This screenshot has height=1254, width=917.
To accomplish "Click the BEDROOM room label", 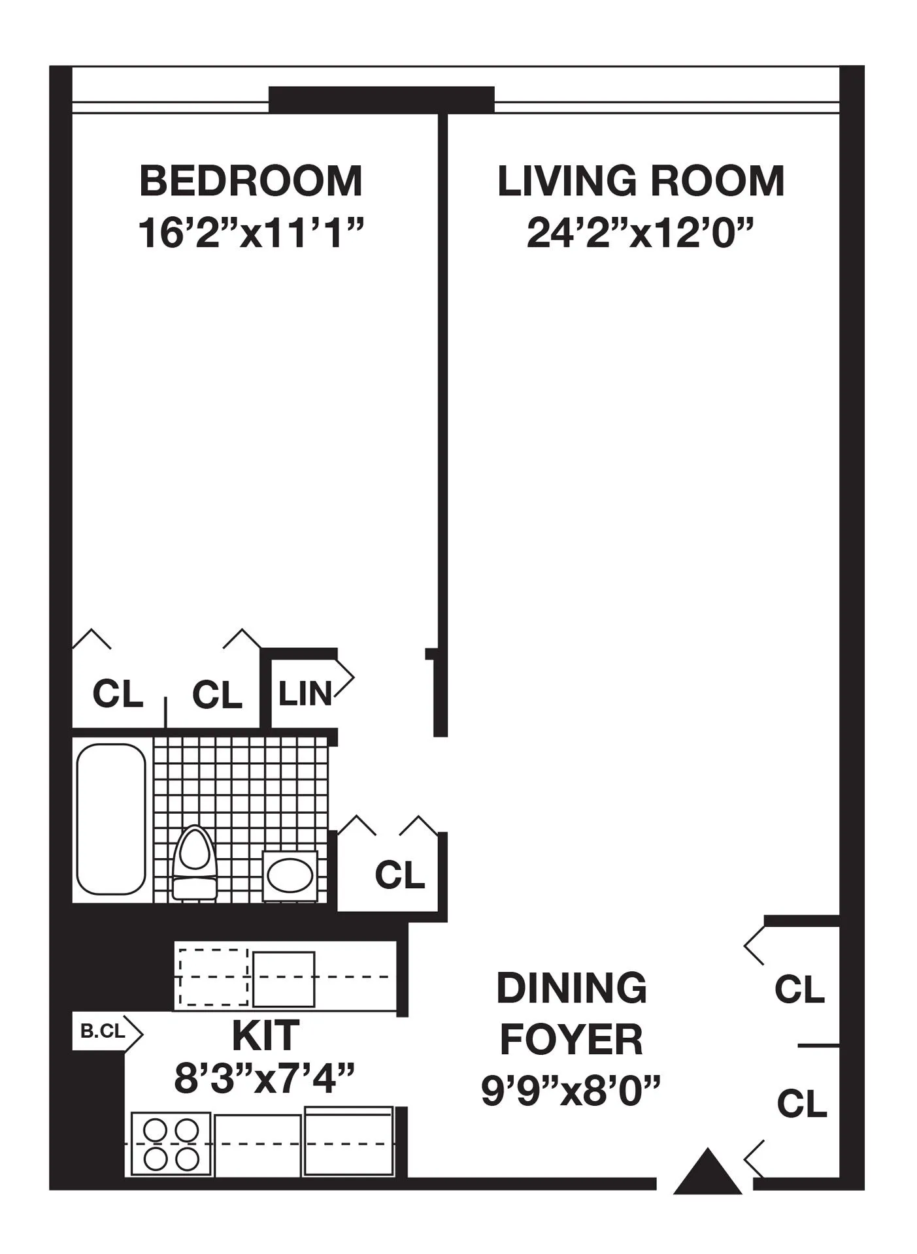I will pos(250,181).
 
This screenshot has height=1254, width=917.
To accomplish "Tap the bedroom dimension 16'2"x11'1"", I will pos(250,233).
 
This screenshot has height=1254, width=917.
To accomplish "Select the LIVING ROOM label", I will pos(641,181).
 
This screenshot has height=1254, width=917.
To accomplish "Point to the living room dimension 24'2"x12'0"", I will pos(641,233).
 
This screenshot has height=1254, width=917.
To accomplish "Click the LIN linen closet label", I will pos(305,693).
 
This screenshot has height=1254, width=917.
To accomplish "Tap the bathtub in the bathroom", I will pos(111,819).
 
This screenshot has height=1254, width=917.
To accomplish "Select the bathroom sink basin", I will pos(290,875).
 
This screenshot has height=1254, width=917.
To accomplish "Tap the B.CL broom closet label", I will pos(103,1031).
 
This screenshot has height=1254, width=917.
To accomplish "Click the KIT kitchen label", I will pos(266,1035).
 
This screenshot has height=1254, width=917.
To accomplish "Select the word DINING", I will pos(571,988).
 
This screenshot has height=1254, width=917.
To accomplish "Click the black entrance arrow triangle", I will pos(707,1172).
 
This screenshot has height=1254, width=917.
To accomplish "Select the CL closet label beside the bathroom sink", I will pos(399,875).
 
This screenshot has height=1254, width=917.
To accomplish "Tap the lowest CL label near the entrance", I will pos(802,1104).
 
